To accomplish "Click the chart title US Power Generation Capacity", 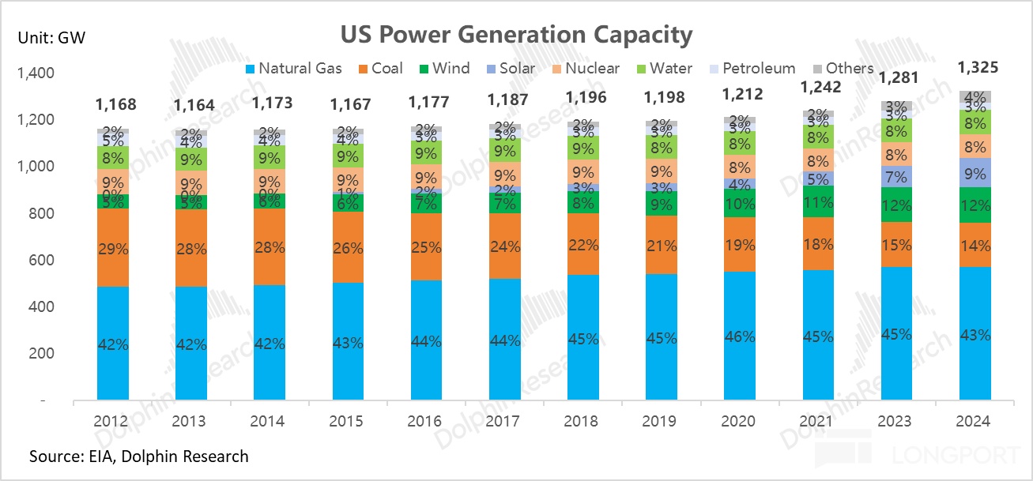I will pos(516,35).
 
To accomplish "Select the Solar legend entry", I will pos(511,69).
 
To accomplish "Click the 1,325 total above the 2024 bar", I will pos(978,68).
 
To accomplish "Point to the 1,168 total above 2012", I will pos(115,104).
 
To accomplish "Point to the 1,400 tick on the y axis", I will pos(33,74).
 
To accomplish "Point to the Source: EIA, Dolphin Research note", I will pos(138,457).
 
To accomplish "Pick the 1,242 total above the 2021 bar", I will pos(821,88).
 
